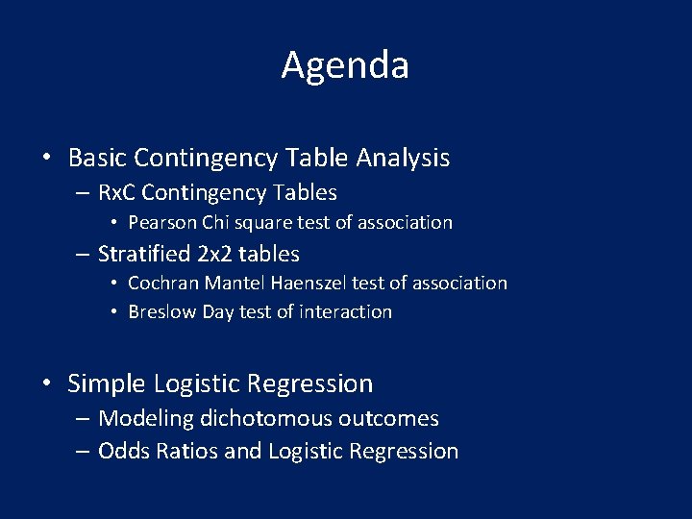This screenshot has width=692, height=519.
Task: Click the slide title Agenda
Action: pos(345,65)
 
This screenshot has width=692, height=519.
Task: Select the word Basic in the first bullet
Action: pos(98,157)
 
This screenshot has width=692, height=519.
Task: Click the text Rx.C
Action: pos(118,192)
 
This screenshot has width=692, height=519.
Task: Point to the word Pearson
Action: pos(161,222)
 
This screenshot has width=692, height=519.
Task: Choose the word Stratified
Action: pos(145,254)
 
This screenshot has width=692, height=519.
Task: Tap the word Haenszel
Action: pos(306,283)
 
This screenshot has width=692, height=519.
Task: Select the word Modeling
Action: pos(145,418)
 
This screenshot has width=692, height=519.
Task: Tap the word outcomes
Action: pos(394,418)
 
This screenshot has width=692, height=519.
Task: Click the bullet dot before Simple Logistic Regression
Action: pos(46,384)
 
